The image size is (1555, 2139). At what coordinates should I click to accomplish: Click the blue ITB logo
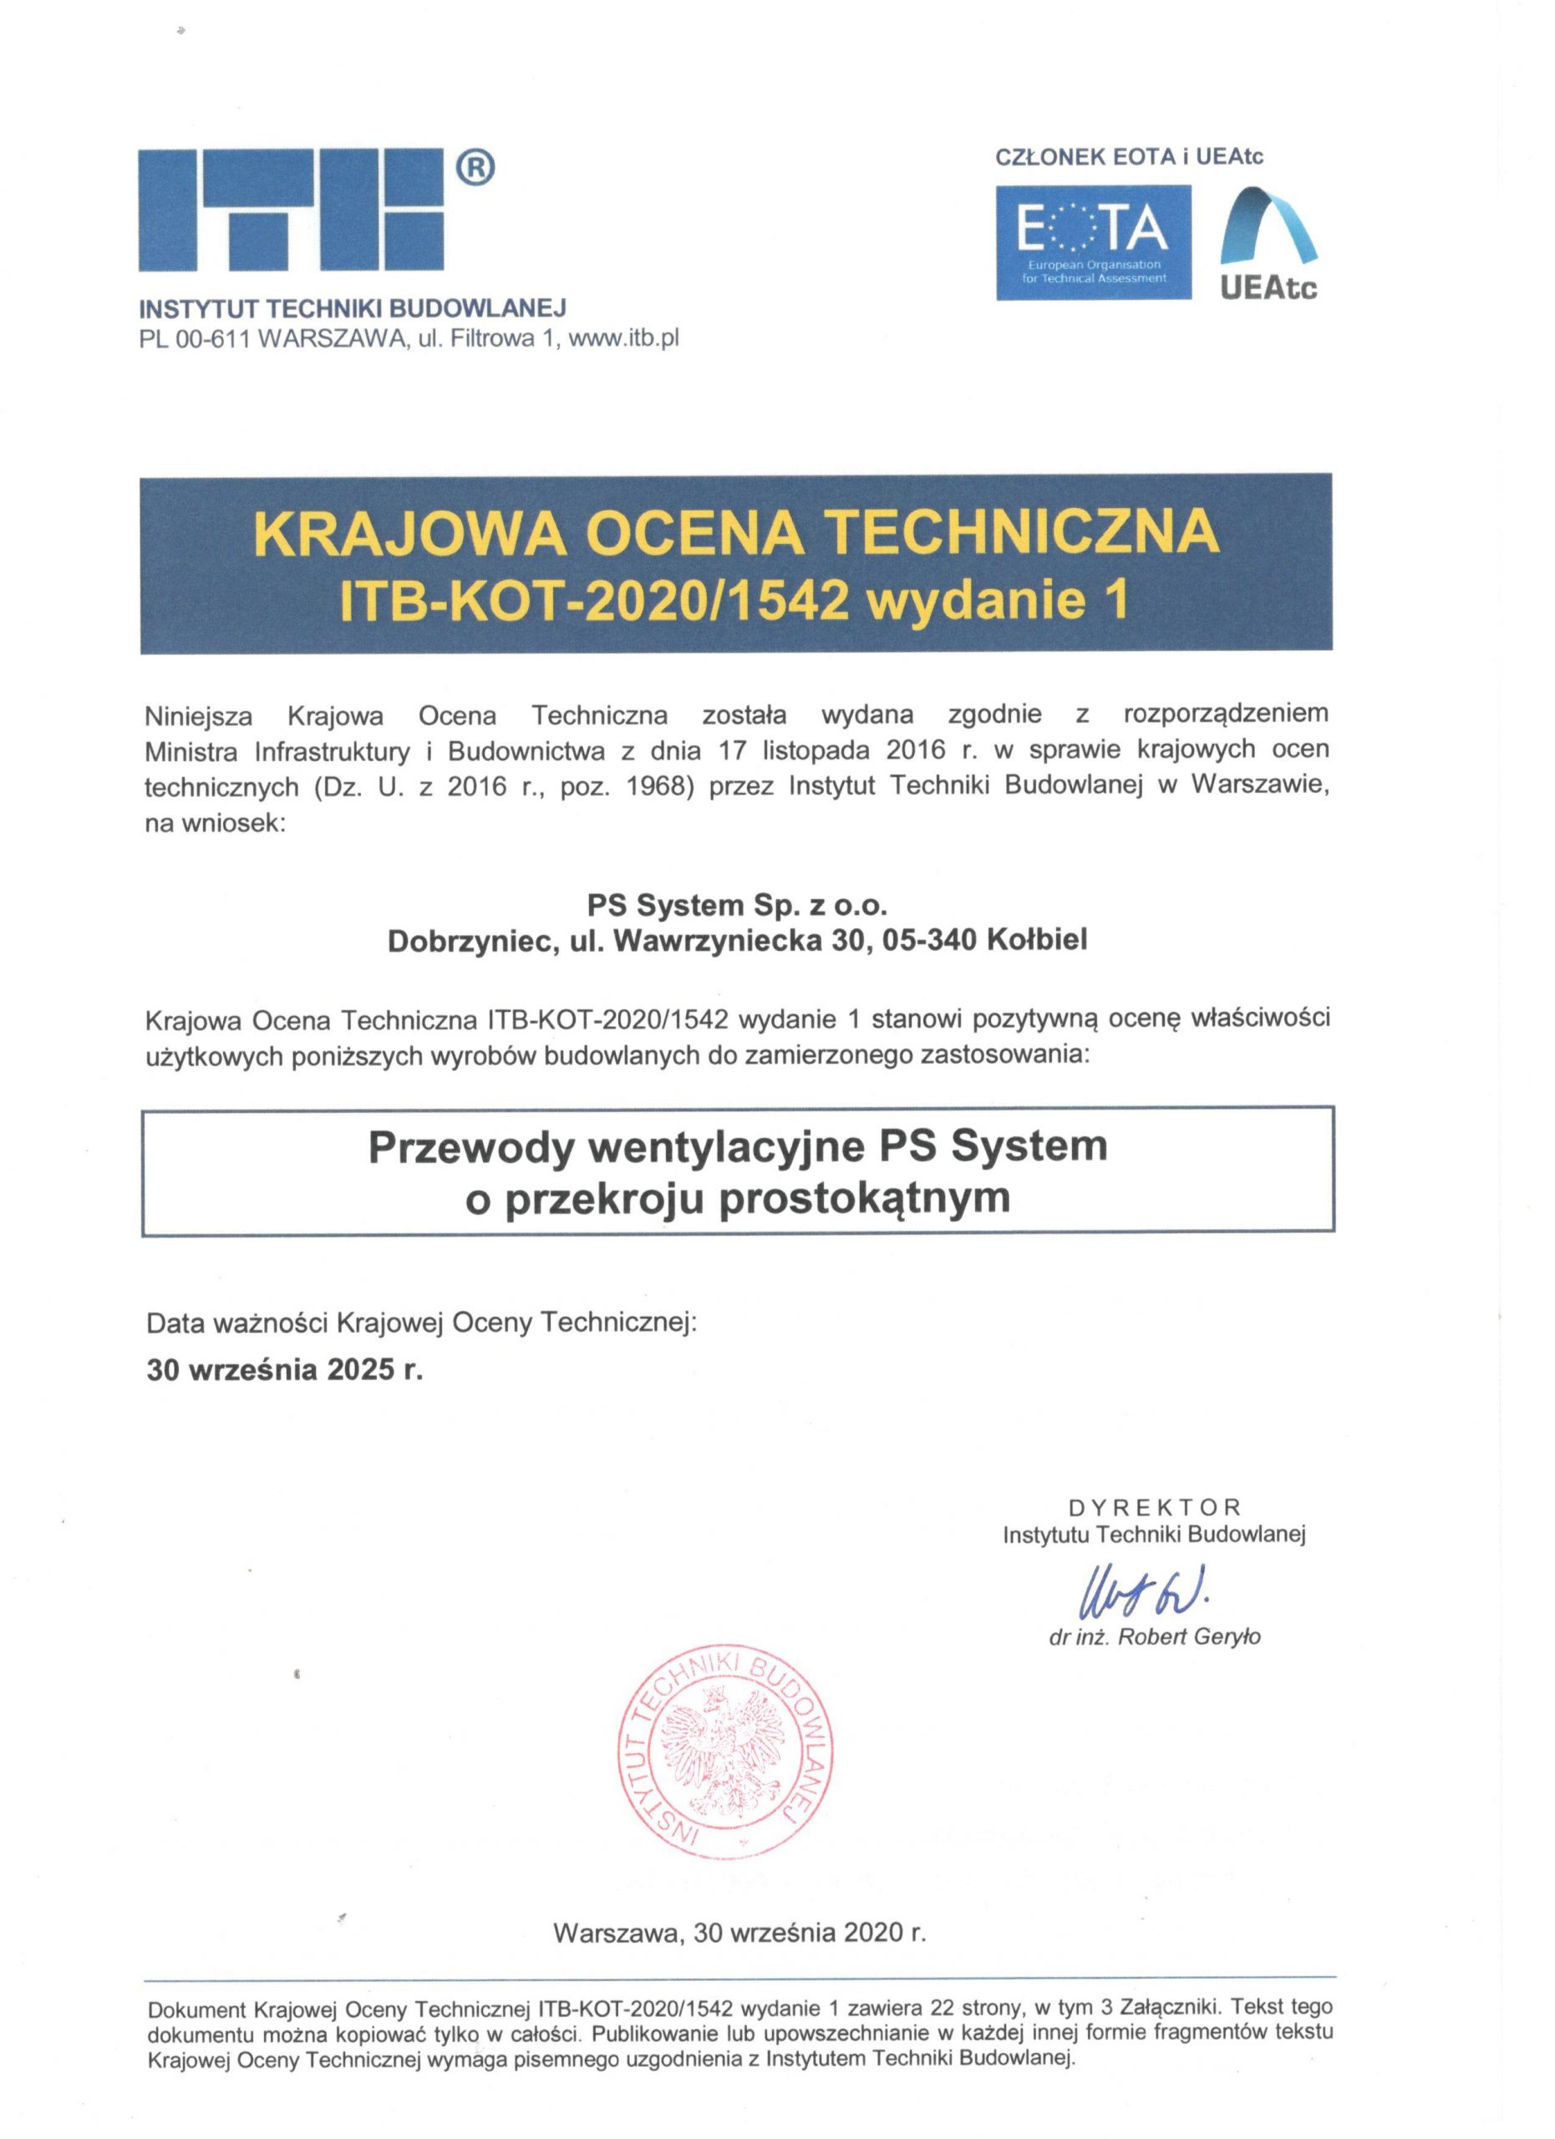click(291, 211)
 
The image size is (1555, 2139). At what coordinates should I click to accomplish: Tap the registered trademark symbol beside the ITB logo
click(475, 169)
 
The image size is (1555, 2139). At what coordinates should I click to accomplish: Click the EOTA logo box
click(1093, 242)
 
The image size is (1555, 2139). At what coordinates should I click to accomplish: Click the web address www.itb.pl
click(623, 338)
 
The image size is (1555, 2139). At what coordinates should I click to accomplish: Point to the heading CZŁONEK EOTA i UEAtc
click(1129, 156)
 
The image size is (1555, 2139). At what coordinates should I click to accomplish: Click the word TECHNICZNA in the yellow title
click(1022, 533)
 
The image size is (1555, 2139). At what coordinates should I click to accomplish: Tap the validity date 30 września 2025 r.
click(285, 1369)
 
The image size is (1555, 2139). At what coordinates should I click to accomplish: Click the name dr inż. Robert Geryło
click(1154, 1638)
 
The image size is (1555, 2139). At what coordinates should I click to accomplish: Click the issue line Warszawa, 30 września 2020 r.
click(740, 1933)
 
